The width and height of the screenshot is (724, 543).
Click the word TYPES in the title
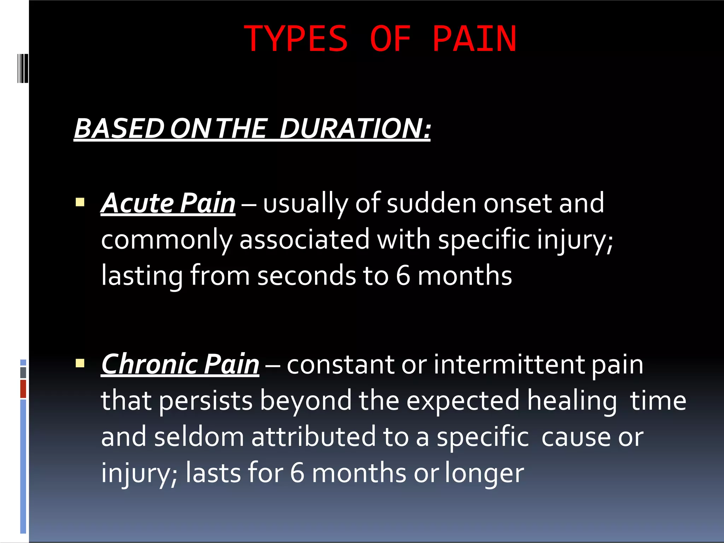[x=296, y=39]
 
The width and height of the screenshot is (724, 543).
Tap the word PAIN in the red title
[x=474, y=39]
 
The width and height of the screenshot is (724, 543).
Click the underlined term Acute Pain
[x=168, y=203]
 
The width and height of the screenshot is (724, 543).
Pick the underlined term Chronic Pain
[x=180, y=364]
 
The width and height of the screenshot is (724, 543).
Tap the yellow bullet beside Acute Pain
[x=80, y=203]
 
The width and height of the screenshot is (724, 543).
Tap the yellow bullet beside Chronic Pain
[x=80, y=363]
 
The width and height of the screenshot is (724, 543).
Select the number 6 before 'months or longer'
[x=297, y=473]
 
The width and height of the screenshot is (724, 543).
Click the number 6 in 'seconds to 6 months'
[x=403, y=276]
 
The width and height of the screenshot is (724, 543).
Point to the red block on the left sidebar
[x=23, y=389]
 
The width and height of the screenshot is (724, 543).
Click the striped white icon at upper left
[x=23, y=68]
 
